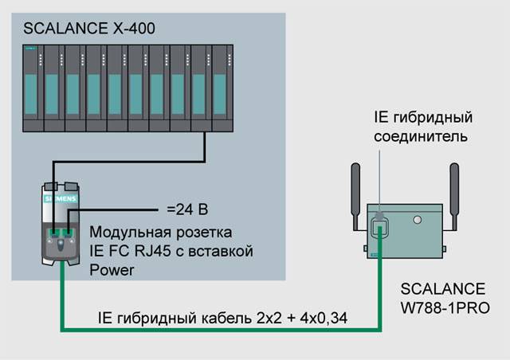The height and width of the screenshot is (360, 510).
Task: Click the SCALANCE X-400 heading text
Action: click(89, 29)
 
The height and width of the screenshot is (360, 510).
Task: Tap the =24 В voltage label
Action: click(187, 210)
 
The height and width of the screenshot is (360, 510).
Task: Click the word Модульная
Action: click(125, 233)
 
